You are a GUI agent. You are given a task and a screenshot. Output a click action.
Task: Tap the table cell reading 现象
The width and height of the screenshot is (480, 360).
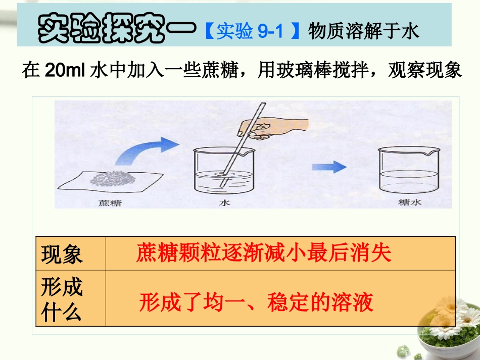tap(62, 254)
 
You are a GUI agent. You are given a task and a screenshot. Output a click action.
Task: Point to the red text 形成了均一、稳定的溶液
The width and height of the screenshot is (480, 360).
tap(256, 302)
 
